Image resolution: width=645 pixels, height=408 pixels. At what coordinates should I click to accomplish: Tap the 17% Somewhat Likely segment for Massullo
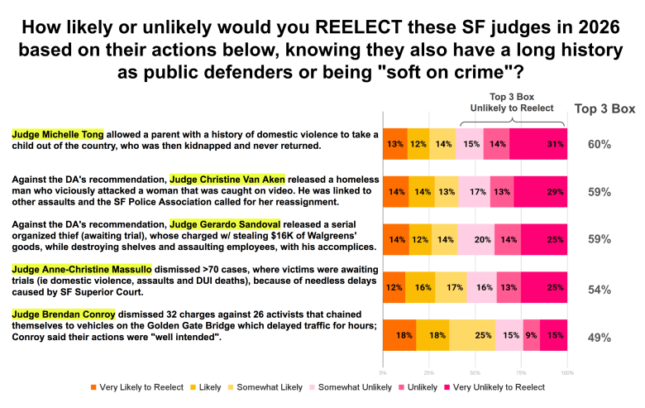(450, 289)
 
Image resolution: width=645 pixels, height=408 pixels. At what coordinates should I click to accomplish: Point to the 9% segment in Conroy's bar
(531, 336)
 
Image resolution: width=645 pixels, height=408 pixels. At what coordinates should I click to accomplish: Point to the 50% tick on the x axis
(475, 373)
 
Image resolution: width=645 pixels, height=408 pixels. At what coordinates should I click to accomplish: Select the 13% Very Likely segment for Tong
(394, 144)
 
